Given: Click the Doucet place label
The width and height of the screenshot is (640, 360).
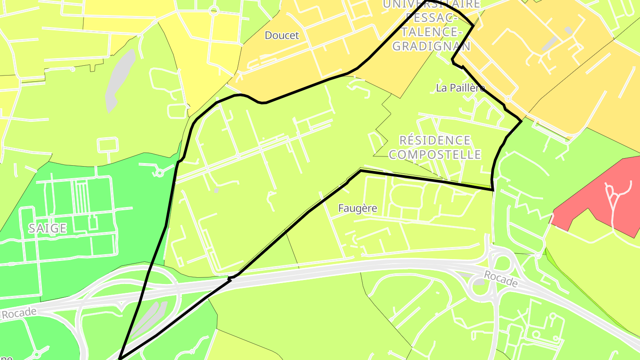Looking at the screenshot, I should [282, 36].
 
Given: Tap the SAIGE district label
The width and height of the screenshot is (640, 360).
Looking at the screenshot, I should [47, 228].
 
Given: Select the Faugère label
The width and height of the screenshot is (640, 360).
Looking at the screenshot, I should [357, 208].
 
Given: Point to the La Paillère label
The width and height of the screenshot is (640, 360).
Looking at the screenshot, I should [460, 88].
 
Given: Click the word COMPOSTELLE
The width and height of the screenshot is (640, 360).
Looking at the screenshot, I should [435, 154].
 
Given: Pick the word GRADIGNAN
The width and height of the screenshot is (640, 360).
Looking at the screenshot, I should [432, 46].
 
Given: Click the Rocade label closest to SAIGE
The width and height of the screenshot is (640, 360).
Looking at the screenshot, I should [19, 313].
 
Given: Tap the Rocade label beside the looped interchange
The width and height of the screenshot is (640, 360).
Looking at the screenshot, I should [500, 279].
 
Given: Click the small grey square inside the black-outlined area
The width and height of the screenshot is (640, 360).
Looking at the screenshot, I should [216, 191].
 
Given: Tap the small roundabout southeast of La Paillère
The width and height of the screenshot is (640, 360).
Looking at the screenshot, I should [508, 99].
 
